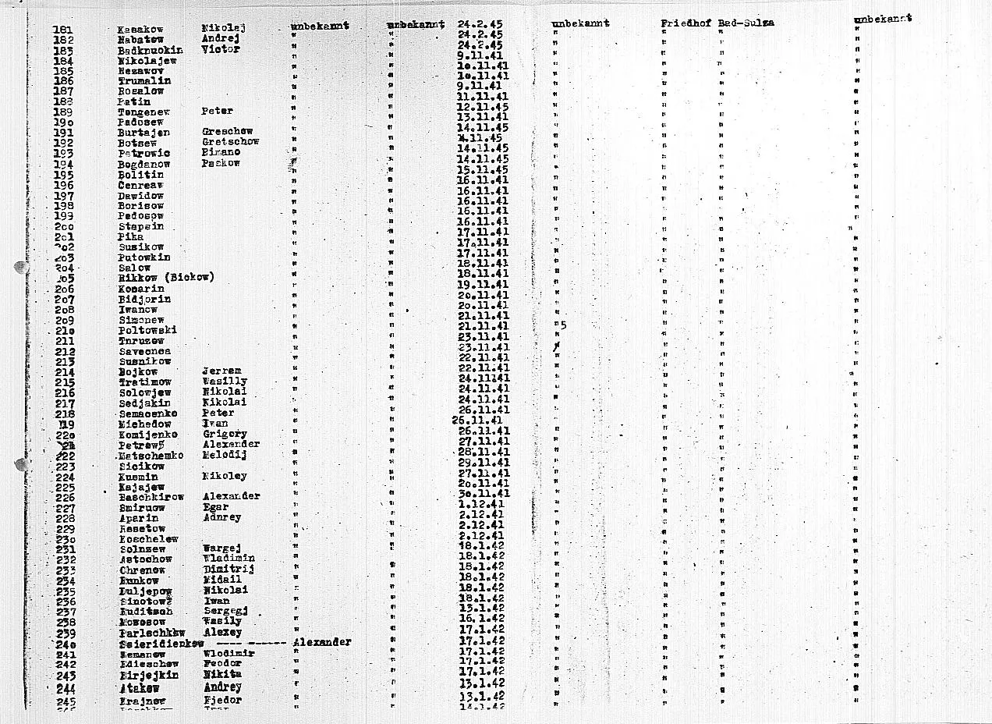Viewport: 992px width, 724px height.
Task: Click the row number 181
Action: tap(63, 30)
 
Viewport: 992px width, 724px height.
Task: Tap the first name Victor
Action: tap(220, 49)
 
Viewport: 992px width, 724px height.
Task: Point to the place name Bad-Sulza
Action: tap(746, 23)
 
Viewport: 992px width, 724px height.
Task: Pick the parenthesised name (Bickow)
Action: tap(189, 277)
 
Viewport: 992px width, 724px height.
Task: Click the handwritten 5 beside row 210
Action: tap(562, 325)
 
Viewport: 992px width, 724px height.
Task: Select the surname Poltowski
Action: tap(147, 330)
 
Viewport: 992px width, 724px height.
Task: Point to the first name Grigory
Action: tap(225, 434)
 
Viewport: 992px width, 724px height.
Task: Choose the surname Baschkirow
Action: tap(151, 497)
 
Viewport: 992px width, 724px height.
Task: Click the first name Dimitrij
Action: tap(228, 570)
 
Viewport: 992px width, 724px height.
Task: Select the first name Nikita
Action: tap(221, 673)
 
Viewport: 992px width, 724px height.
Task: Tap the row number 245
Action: tap(66, 701)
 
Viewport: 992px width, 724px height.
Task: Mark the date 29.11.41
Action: tap(483, 463)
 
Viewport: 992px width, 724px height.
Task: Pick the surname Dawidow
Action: tap(141, 195)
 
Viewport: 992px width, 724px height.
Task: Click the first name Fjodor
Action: tap(222, 700)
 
